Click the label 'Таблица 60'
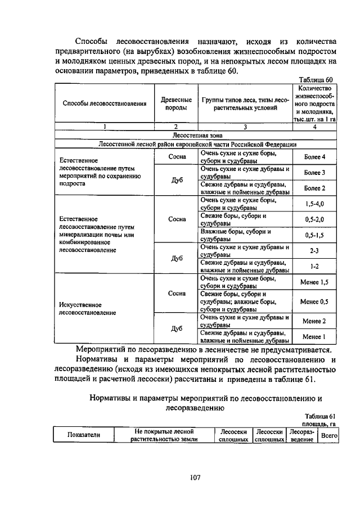tap(317, 80)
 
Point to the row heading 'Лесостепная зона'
tap(196, 136)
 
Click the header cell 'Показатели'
tap(84, 435)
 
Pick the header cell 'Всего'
tap(327, 435)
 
